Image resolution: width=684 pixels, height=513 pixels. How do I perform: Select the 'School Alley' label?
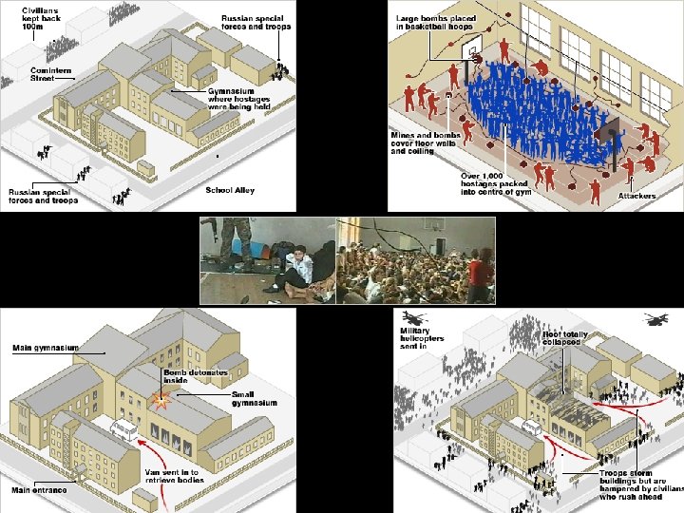230,191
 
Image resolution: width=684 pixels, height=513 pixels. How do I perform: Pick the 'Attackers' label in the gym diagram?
636,196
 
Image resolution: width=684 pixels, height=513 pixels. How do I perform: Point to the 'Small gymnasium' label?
254,398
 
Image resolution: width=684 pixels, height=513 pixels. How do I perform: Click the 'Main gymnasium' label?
45,349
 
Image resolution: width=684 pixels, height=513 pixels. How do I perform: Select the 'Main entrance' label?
39,490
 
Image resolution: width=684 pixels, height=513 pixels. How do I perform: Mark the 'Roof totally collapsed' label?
564,339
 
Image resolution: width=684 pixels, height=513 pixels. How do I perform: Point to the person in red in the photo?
479,270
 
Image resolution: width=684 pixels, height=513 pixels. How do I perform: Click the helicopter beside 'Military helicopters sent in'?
413,317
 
